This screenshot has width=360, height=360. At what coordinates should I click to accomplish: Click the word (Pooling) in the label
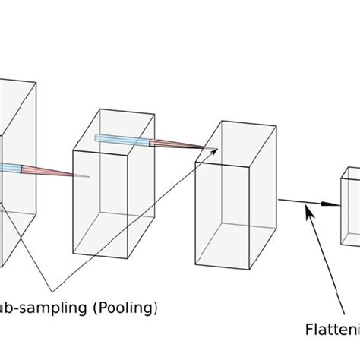(128, 308)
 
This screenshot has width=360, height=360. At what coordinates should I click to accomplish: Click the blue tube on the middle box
(121, 138)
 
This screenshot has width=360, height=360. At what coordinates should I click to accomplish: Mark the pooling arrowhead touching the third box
(215, 151)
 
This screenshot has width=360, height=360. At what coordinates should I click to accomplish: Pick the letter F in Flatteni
(310, 330)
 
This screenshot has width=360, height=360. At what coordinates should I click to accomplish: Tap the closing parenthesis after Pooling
(156, 309)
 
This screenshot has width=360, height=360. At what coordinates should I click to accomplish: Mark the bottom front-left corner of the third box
(196, 265)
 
